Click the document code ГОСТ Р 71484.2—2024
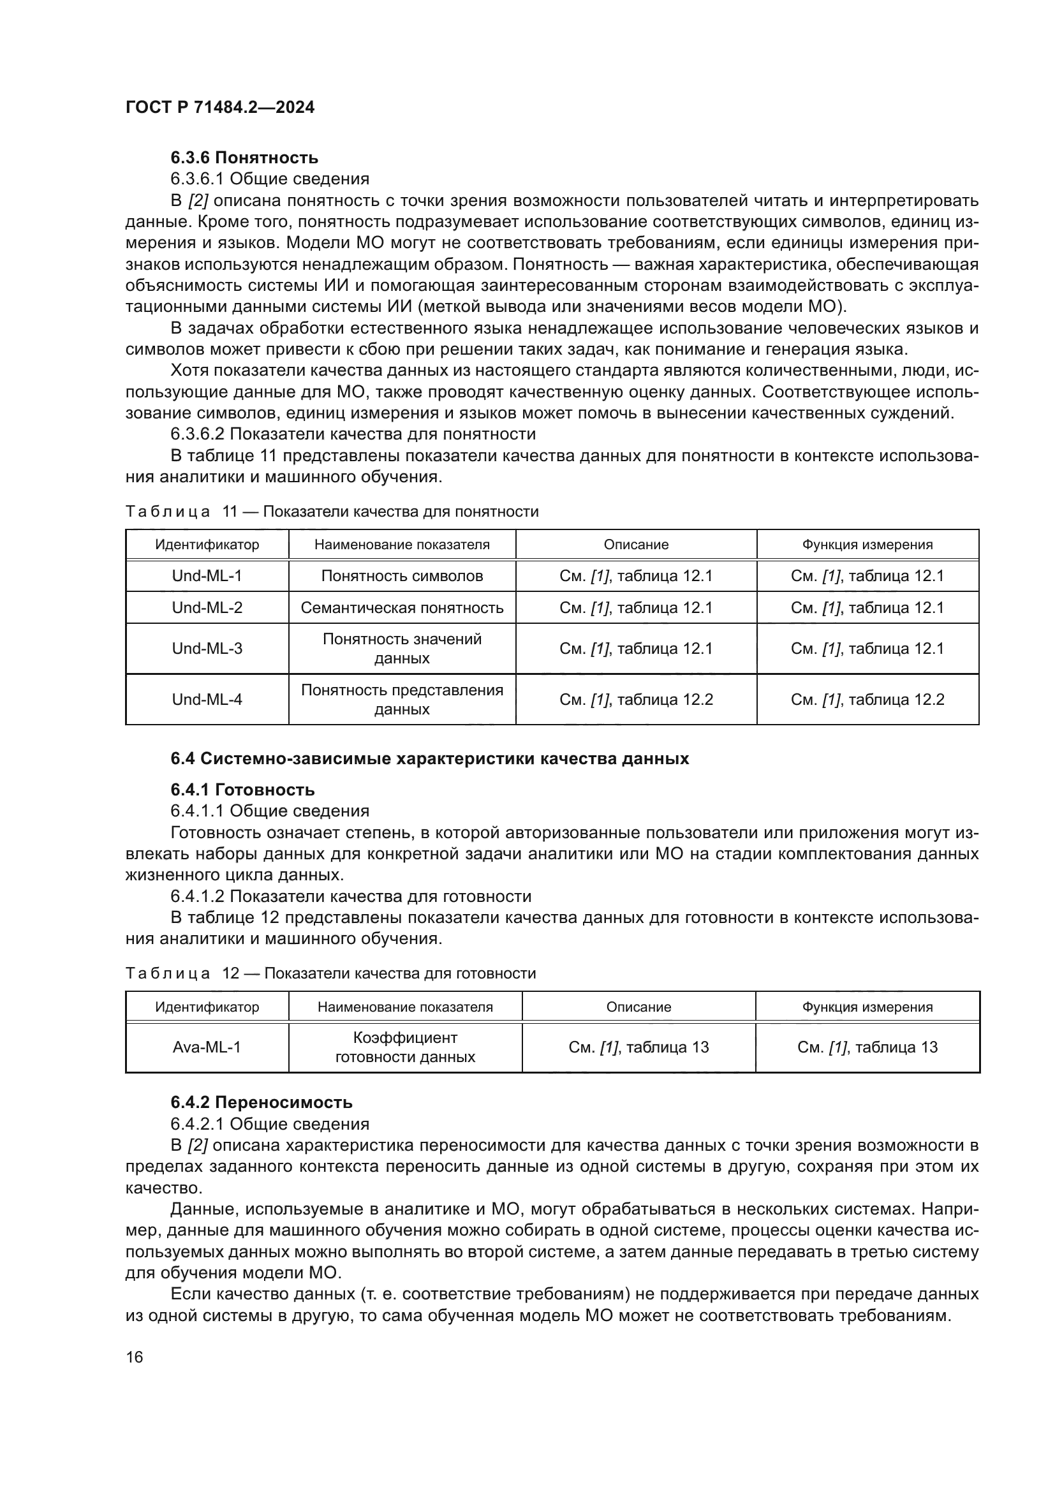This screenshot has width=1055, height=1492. tap(219, 108)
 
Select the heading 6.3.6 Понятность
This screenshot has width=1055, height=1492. tap(244, 158)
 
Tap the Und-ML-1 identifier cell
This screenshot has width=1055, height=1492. tap(207, 576)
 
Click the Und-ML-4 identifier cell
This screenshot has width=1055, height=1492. tap(207, 699)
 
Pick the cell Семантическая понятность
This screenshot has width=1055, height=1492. tap(401, 608)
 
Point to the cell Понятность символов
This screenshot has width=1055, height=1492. tap(401, 576)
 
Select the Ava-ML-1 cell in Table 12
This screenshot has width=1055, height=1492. tap(207, 1047)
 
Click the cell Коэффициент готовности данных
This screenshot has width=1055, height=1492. tap(405, 1047)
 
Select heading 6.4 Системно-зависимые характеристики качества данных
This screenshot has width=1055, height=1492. tap(429, 758)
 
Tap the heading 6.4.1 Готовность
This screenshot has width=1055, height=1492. tap(242, 790)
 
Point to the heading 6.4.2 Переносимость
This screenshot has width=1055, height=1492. tap(261, 1103)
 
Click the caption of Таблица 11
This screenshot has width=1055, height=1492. tap(332, 512)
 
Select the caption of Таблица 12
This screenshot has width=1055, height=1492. tap(330, 973)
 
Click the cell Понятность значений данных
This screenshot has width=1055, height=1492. tap(401, 649)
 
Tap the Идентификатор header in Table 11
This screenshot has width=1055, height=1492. tap(207, 545)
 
